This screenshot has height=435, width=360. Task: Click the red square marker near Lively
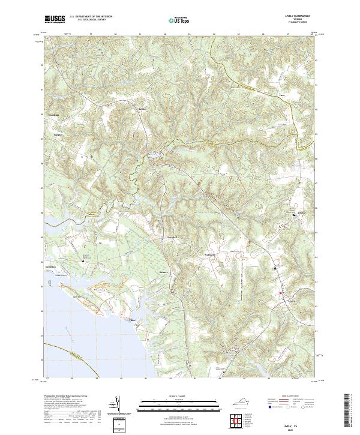tap(280, 293)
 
